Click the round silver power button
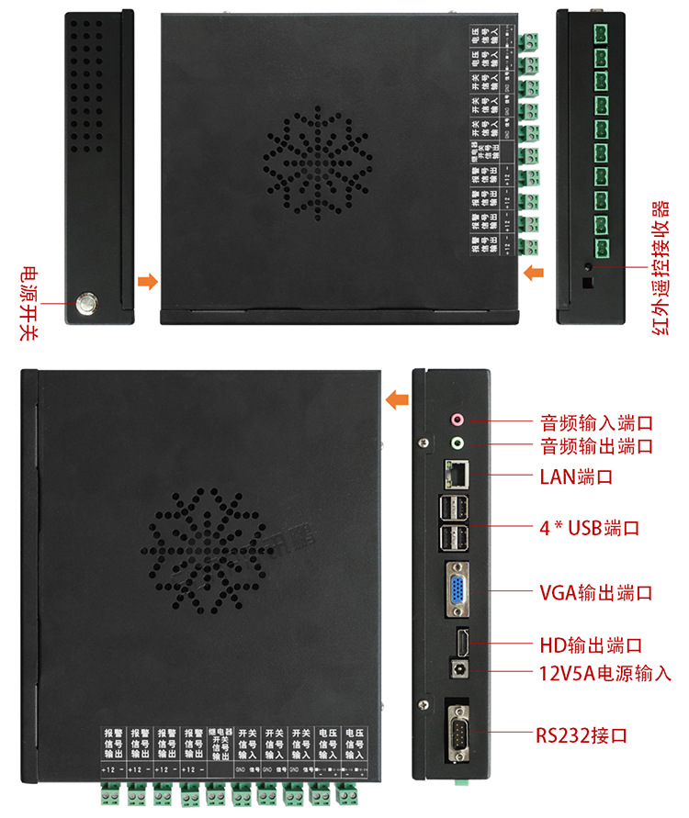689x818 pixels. coord(88,302)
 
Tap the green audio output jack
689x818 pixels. coord(457,444)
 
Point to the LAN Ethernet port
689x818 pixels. coord(456,474)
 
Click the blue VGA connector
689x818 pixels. coord(457,588)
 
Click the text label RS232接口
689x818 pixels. coord(582,735)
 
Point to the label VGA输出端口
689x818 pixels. coord(595,592)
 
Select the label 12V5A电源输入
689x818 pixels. coord(604,673)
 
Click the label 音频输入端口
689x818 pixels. coord(595,423)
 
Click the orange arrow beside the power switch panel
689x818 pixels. coord(146,281)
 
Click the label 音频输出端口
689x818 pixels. coord(595,446)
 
